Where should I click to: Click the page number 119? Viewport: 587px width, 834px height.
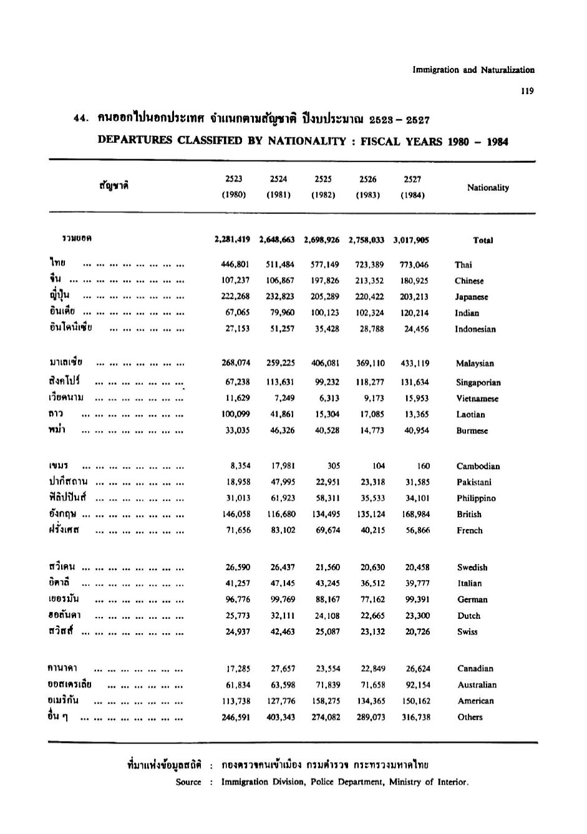click(x=527, y=91)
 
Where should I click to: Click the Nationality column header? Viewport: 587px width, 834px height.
click(x=488, y=187)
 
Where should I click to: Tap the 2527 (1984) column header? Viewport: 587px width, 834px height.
click(x=412, y=186)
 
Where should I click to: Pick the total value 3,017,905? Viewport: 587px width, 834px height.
click(x=411, y=240)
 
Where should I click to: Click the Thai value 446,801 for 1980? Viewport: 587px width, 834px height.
click(x=237, y=264)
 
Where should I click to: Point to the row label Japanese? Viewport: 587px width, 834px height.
click(x=472, y=297)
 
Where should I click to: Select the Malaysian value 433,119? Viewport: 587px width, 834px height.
click(x=414, y=363)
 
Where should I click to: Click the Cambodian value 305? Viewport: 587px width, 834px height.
click(x=334, y=466)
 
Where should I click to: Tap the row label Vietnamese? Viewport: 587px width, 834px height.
click(x=477, y=399)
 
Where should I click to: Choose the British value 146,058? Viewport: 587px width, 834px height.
click(x=236, y=515)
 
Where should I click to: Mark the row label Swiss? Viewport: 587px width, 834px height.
click(x=467, y=632)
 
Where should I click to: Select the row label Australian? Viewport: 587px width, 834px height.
click(x=477, y=685)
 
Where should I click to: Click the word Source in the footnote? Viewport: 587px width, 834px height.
click(x=188, y=782)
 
